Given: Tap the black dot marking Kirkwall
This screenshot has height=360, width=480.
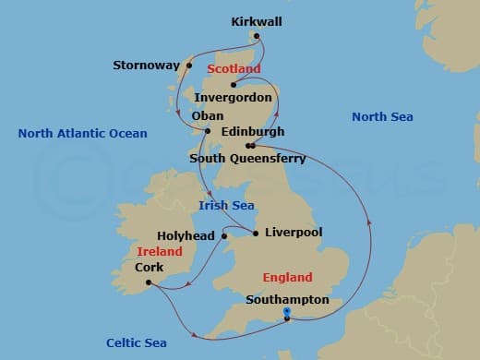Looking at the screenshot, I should tap(257, 37).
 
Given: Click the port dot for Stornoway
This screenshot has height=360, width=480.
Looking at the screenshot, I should tap(189, 66).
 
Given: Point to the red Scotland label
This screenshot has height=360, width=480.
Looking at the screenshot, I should tap(234, 69).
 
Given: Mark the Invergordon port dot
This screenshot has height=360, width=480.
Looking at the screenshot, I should tap(234, 85).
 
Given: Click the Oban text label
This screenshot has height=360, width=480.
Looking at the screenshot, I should tap(207, 115).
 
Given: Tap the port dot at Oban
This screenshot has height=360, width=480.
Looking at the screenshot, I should tap(208, 130).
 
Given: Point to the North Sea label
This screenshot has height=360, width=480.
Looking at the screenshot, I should tap(382, 116).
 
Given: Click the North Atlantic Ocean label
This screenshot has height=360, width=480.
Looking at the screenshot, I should tap(82, 134).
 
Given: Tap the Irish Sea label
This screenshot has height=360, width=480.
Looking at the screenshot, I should tap(227, 206).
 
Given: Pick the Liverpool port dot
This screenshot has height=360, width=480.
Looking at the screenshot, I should tap(256, 233).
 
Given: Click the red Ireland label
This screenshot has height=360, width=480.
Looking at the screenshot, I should tap(160, 251).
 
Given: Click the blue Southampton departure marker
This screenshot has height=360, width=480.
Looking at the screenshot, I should tap(287, 312).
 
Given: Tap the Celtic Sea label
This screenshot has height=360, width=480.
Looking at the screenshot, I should tap(136, 342).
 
